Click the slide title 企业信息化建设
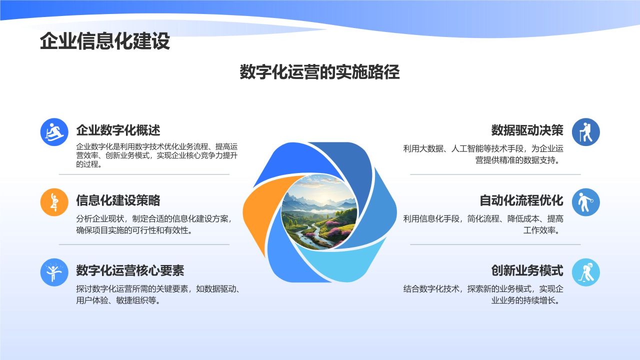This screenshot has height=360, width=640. tap(105, 41)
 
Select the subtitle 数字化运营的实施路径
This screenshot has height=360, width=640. tap(319, 72)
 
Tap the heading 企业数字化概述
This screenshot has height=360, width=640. tap(118, 130)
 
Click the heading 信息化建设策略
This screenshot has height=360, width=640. tap(118, 200)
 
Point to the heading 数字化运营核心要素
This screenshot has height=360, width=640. tap(130, 270)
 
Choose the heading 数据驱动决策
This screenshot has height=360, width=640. tap(527, 130)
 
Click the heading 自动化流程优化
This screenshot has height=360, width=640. tap(521, 200)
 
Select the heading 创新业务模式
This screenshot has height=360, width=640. tap(527, 270)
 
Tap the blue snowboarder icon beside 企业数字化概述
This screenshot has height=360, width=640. tap(54, 132)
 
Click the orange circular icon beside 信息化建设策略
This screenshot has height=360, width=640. tap(54, 202)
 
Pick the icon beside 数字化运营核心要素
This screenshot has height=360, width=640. tap(54, 272)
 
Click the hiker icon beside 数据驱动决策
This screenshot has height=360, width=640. tap(585, 132)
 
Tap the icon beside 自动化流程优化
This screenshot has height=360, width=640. tap(585, 202)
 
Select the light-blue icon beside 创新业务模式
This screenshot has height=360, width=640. tap(585, 272)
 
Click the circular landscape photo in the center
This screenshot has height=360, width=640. tap(319, 211)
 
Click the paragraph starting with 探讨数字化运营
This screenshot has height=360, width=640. tap(157, 294)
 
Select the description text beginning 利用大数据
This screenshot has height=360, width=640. tap(483, 154)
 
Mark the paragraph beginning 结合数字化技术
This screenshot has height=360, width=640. tap(483, 294)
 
